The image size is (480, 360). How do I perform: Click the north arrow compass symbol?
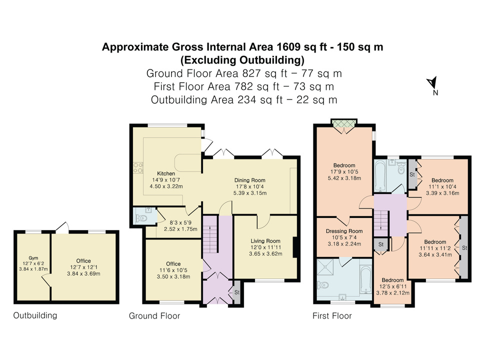point(432,83)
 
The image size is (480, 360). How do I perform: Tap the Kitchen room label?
point(166,173)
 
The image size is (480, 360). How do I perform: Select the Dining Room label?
point(250,180)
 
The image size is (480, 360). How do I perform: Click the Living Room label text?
point(265,241)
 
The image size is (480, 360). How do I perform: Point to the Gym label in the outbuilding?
point(33,258)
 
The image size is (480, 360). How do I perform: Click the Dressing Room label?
point(344,231)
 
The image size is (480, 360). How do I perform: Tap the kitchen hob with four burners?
point(138,168)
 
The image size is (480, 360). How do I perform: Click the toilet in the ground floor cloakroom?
point(141,218)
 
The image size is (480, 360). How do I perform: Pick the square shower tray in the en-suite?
point(327,267)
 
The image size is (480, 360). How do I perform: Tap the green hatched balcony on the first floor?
point(344,123)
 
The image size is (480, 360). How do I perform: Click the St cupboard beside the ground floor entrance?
point(237,292)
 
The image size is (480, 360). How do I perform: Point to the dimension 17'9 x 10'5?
point(344,171)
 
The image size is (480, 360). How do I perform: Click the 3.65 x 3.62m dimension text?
point(265,254)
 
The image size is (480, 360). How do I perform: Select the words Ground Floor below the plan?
point(154,316)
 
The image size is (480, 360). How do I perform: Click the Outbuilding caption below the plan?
point(35,315)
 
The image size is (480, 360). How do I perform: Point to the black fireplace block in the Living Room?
point(295,247)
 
